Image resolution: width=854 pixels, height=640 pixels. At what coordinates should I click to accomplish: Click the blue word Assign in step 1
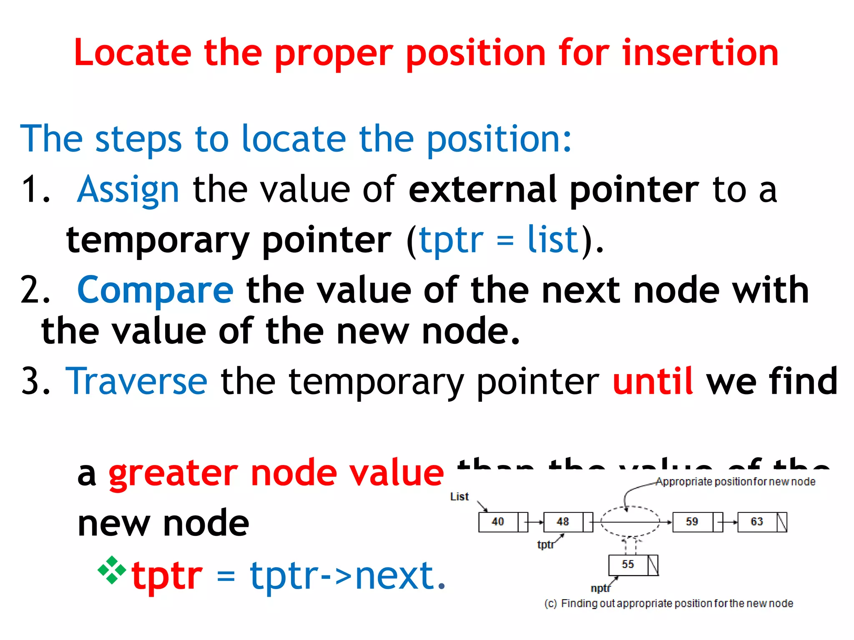pyautogui.click(x=128, y=190)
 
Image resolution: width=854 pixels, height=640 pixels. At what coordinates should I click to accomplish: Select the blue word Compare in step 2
pyautogui.click(x=155, y=290)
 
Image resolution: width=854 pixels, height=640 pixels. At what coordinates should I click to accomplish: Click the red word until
pyautogui.click(x=653, y=381)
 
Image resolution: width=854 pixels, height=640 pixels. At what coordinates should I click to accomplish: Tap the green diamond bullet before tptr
pyautogui.click(x=111, y=570)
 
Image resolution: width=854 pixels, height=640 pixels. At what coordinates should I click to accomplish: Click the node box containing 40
pyautogui.click(x=498, y=522)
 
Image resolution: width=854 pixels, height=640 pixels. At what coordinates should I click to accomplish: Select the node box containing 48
pyautogui.click(x=563, y=522)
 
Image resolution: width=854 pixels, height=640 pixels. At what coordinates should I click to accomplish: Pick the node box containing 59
pyautogui.click(x=692, y=522)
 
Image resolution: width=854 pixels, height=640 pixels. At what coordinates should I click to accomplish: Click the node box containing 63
pyautogui.click(x=757, y=522)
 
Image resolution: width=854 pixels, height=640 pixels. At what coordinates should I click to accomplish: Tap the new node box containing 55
pyautogui.click(x=628, y=565)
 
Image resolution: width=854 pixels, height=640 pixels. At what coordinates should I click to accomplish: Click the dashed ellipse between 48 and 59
pyautogui.click(x=630, y=512)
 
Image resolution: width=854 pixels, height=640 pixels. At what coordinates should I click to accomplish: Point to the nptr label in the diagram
pyautogui.click(x=600, y=588)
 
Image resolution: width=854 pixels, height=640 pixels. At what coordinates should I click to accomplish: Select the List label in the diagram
pyautogui.click(x=459, y=497)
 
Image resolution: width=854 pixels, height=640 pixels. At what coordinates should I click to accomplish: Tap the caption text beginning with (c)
pyautogui.click(x=668, y=604)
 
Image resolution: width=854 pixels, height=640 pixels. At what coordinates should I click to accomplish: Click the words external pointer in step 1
pyautogui.click(x=553, y=190)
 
